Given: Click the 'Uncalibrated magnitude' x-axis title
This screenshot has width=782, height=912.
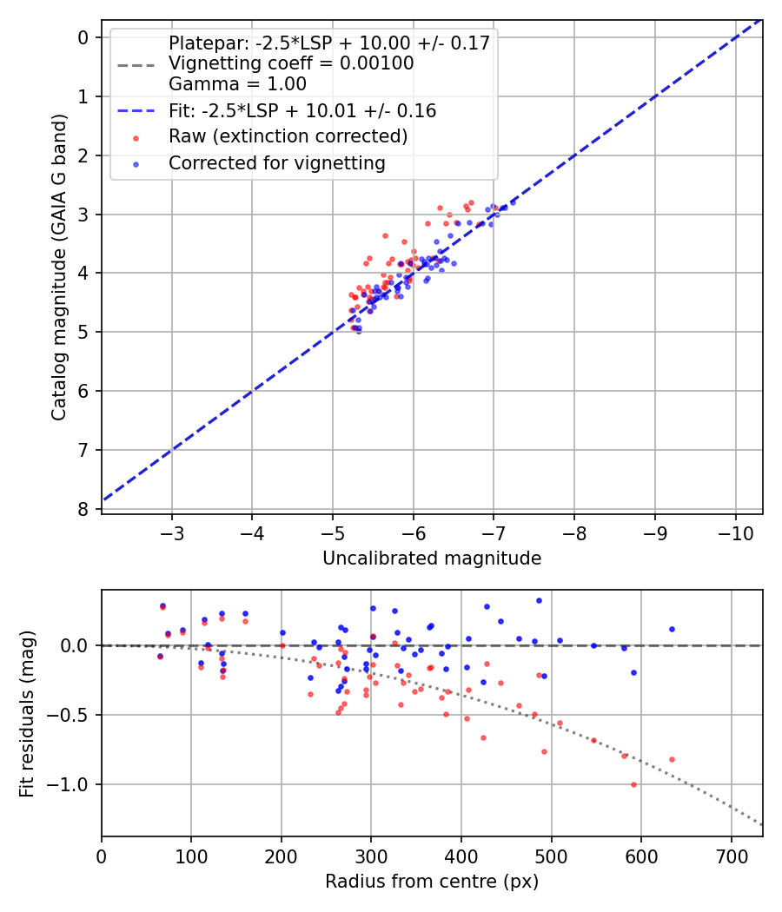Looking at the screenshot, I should coord(432,558).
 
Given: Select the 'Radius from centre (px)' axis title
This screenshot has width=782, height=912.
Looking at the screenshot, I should coord(432,882).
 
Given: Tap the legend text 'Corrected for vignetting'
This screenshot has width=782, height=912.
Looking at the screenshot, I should coord(277,162).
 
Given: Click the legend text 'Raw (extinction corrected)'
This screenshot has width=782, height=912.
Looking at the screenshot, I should coord(288,136).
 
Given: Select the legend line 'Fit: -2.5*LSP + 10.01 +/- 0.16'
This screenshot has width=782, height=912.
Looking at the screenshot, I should coord(136,111).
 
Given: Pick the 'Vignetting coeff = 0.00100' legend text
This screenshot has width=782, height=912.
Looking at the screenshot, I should coord(291,63).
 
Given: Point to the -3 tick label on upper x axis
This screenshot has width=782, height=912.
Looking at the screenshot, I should coord(172,529).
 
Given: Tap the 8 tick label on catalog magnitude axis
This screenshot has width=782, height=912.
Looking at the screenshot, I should coord(84,509).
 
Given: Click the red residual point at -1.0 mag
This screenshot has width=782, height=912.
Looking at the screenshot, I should coord(633,784).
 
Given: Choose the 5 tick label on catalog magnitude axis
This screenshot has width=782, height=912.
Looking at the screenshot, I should coord(84,332).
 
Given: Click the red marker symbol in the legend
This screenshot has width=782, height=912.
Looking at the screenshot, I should coord(136,137).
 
